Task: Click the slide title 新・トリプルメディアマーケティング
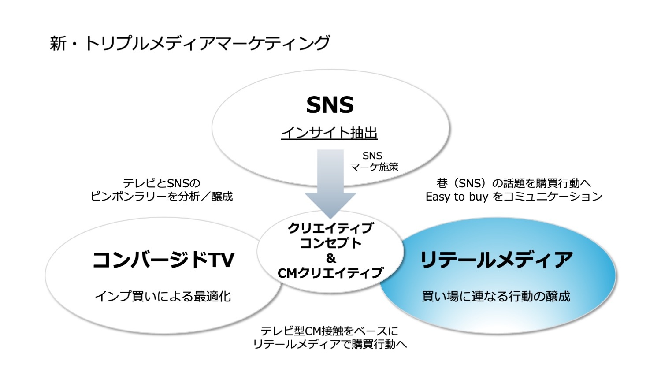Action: (189, 44)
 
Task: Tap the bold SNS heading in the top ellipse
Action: (330, 105)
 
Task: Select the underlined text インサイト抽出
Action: (330, 133)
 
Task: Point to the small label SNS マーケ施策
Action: (374, 161)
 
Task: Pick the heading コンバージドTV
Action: (163, 260)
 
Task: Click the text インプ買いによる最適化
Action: (163, 297)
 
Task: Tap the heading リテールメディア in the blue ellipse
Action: (496, 260)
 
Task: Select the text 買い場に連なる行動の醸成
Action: (496, 297)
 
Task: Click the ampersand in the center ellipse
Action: (331, 258)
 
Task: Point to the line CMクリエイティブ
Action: (330, 273)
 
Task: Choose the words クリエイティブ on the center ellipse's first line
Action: (330, 228)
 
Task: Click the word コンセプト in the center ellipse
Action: (330, 243)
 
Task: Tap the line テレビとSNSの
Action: (161, 183)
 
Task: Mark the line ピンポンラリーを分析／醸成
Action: (161, 196)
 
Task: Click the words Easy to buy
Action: (457, 197)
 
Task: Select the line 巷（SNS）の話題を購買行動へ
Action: (514, 183)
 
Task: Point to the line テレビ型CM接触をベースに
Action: (329, 331)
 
